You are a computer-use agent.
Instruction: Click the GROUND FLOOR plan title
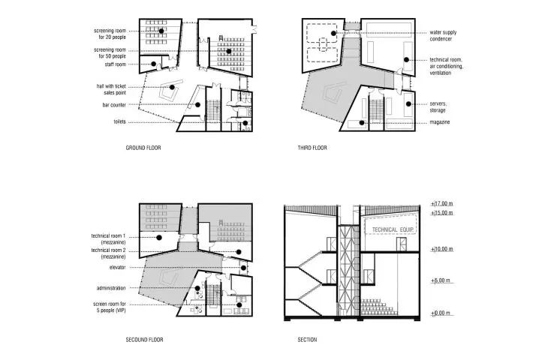tap(143, 148)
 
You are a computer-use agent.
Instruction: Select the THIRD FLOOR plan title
tap(312, 148)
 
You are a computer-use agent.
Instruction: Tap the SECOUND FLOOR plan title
tap(144, 340)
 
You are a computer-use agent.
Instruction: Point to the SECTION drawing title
tap(307, 340)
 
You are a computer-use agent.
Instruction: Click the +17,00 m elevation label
tap(441, 203)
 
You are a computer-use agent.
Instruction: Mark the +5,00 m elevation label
tap(441, 280)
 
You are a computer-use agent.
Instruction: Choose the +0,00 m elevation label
tap(441, 313)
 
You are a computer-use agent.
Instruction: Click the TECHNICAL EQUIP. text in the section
tap(393, 229)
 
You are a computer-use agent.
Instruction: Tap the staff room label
tap(115, 64)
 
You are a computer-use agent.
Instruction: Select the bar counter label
tap(114, 105)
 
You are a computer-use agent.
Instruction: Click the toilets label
tap(119, 121)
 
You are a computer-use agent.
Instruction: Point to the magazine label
tap(440, 122)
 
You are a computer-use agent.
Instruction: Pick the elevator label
tap(117, 268)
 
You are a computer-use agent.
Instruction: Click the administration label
tap(111, 288)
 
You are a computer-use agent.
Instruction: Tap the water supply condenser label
tap(443, 35)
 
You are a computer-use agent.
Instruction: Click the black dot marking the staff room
tap(153, 64)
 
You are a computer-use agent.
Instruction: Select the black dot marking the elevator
tap(243, 268)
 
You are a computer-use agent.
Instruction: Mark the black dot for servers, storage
tap(408, 104)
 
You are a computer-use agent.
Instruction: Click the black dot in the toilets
tap(245, 123)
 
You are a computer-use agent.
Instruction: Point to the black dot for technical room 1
tap(159, 238)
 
